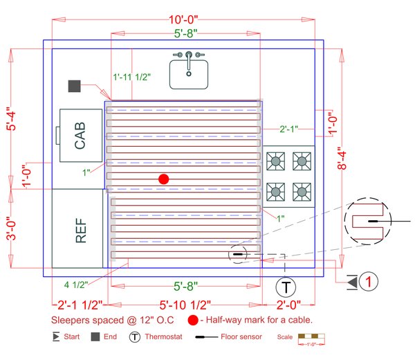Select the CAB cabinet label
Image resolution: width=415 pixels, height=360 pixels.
point(80,136)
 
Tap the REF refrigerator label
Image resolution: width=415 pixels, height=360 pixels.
point(80,230)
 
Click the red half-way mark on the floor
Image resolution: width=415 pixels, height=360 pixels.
point(164,179)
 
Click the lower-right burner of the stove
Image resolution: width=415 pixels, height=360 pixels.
point(302,190)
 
